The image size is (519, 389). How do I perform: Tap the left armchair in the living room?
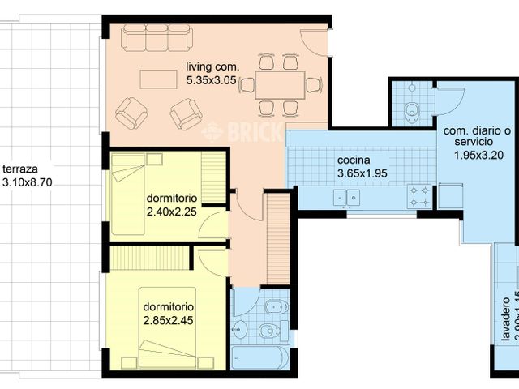[131, 113]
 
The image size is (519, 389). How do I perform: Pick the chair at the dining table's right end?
[315, 83]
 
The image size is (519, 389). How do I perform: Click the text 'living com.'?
[209, 67]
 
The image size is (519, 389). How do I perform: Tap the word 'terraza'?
[19, 169]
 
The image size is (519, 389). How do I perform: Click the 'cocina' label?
[354, 160]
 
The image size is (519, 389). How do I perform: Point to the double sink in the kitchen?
[346, 197]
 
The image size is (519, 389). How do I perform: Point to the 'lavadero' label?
[504, 316]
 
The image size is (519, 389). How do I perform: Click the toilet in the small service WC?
[412, 110]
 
